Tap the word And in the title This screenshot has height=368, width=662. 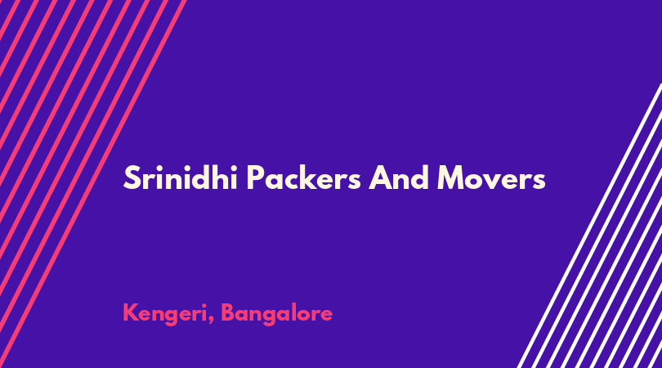[x=399, y=177]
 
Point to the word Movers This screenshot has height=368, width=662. [x=491, y=178]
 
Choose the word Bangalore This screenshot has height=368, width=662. [x=276, y=314]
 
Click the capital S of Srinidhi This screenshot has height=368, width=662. [x=132, y=178]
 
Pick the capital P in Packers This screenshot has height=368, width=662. [x=256, y=178]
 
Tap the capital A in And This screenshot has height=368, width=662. [x=380, y=178]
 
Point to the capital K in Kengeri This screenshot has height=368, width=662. [x=131, y=312]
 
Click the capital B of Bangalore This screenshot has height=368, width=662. [x=229, y=312]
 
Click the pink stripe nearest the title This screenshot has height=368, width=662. [x=93, y=184]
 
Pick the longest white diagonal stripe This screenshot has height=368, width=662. [x=590, y=226]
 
